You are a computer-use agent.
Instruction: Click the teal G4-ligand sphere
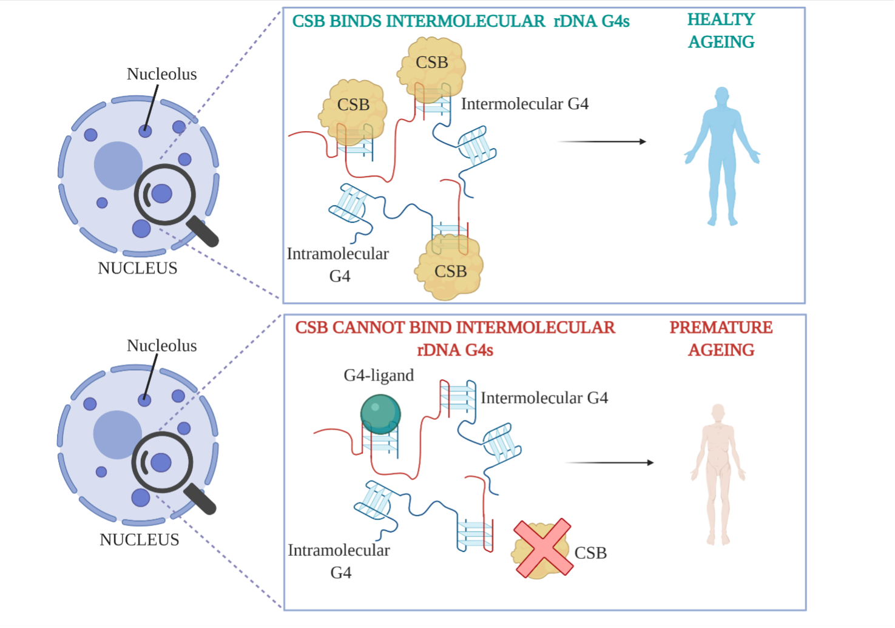[x=380, y=414]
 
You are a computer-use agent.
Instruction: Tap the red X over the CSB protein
[x=543, y=547]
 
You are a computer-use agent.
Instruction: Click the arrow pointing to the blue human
[x=601, y=141]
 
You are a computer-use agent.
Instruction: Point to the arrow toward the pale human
[x=609, y=462]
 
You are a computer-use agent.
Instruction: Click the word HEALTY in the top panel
[x=721, y=20]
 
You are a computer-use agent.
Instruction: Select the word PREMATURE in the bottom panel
[x=721, y=328]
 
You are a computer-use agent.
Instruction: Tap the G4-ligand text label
[x=379, y=376]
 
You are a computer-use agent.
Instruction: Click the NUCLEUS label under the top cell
[x=138, y=268]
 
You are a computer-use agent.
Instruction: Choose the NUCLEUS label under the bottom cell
[x=140, y=540]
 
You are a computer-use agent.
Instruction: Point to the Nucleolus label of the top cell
[x=162, y=74]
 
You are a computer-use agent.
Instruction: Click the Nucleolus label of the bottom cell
[x=162, y=346]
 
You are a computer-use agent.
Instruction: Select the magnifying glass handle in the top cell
[x=203, y=232]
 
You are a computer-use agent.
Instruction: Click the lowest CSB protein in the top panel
[x=450, y=270]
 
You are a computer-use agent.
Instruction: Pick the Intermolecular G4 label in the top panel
[x=525, y=104]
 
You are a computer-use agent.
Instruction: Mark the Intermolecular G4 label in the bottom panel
[x=544, y=398]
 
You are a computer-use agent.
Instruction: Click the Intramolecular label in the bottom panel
[x=339, y=550]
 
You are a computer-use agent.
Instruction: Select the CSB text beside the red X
[x=590, y=553]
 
